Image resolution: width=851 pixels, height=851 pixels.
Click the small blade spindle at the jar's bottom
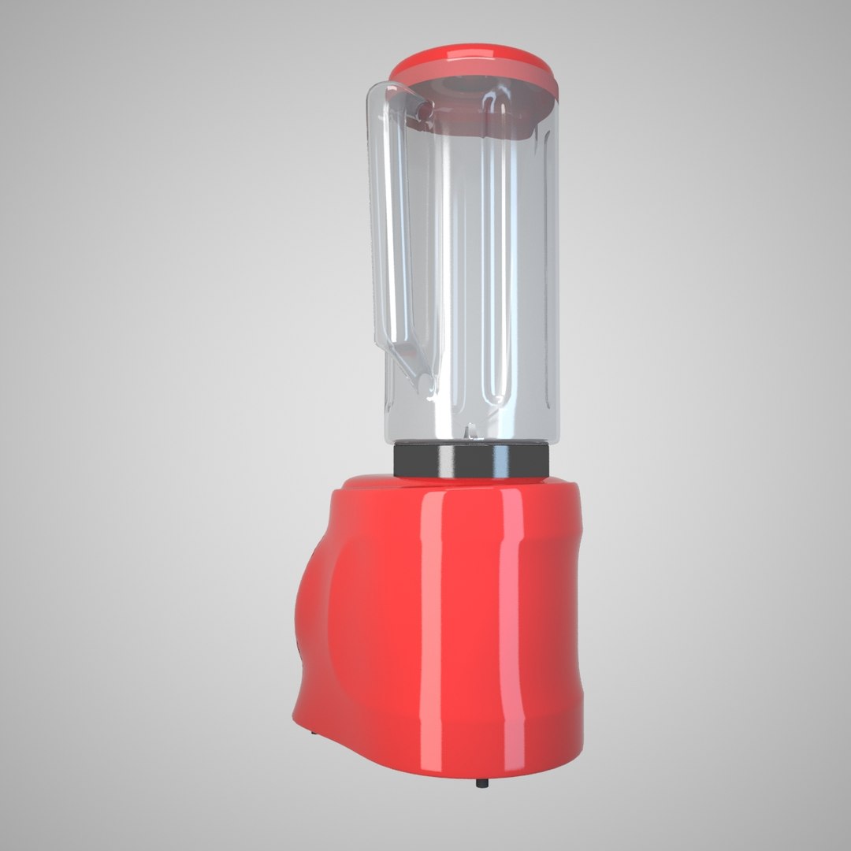click(x=470, y=431)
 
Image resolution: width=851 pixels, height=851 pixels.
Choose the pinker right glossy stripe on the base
click(x=512, y=630)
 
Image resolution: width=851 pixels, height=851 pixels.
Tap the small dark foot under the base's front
click(x=481, y=783)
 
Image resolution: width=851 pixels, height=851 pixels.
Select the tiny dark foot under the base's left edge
click(x=314, y=734)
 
